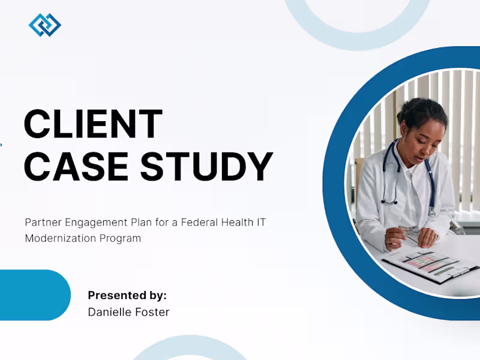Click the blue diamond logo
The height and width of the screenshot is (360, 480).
pyautogui.click(x=45, y=25)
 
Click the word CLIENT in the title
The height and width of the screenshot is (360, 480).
pyautogui.click(x=93, y=124)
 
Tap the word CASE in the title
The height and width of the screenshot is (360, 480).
pyautogui.click(x=76, y=167)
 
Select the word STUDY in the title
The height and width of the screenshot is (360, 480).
pyautogui.click(x=206, y=167)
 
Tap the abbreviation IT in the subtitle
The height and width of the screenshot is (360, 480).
pyautogui.click(x=261, y=222)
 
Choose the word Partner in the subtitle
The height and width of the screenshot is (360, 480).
pyautogui.click(x=43, y=222)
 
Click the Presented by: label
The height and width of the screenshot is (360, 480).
pyautogui.click(x=127, y=295)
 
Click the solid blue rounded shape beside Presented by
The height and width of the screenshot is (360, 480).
pyautogui.click(x=35, y=295)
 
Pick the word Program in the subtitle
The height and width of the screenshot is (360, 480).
pyautogui.click(x=121, y=238)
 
